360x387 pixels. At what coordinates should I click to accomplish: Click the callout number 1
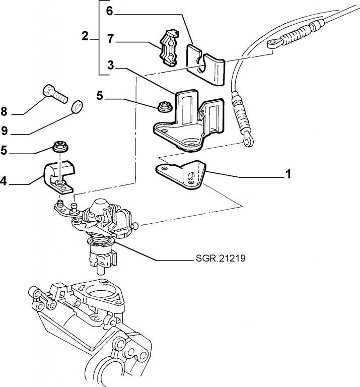tap(288, 174)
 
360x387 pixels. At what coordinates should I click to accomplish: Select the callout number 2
tap(85, 36)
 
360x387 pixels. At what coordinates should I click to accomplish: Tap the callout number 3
tap(110, 65)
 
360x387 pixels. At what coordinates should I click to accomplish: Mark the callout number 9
tap(4, 131)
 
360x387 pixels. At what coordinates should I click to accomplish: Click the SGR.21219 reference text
tap(222, 259)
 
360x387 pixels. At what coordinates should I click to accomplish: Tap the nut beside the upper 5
tap(162, 106)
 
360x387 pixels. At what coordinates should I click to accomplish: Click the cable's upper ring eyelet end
tap(272, 44)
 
